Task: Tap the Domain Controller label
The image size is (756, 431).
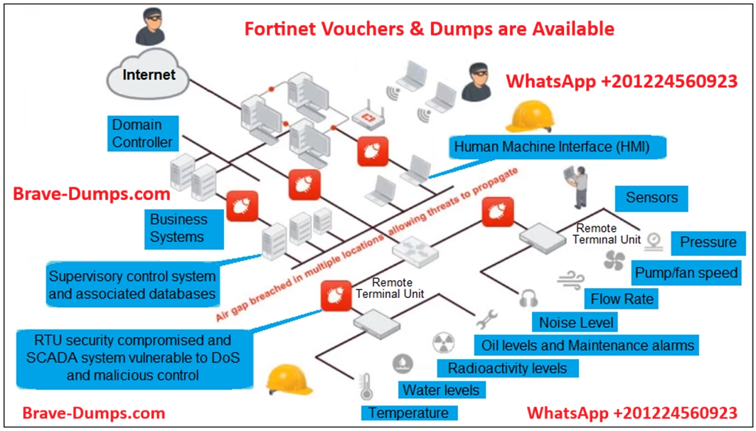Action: click(142, 133)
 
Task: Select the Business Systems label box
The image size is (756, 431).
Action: click(179, 228)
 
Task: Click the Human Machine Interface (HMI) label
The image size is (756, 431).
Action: click(550, 147)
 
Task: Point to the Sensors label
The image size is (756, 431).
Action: click(651, 198)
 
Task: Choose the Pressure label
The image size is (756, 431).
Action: click(708, 243)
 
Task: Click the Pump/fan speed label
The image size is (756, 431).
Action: click(686, 273)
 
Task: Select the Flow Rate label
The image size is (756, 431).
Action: click(622, 299)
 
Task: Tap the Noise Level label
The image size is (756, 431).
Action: click(576, 323)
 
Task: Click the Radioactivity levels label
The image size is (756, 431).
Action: click(507, 368)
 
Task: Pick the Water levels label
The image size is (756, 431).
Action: click(441, 390)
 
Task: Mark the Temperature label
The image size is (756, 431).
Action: click(408, 413)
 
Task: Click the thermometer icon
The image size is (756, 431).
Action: click(367, 388)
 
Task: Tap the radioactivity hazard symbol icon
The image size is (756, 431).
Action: click(442, 344)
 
